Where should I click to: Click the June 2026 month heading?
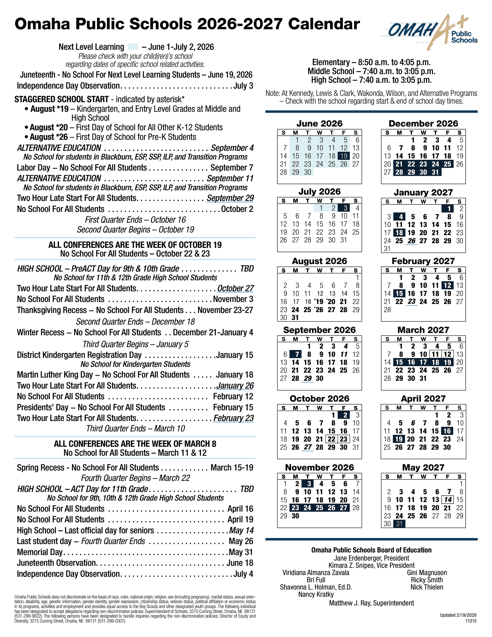click(x=320, y=124)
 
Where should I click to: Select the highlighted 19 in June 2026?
click(x=344, y=156)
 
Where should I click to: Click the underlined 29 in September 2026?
click(x=308, y=379)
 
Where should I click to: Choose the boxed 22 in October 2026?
click(x=332, y=439)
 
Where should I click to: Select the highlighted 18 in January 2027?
click(x=399, y=233)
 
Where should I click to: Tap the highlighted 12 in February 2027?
click(x=447, y=285)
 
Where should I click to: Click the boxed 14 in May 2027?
click(x=448, y=500)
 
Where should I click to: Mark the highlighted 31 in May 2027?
click(x=399, y=524)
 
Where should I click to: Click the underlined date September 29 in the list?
click(x=230, y=198)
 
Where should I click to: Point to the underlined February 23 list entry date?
click(x=234, y=418)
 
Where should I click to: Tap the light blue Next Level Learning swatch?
click(x=133, y=47)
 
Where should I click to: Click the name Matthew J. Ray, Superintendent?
click(x=371, y=603)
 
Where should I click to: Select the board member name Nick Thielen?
click(x=427, y=587)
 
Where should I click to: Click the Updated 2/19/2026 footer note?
click(x=458, y=615)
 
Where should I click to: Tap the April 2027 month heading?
click(x=423, y=399)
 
